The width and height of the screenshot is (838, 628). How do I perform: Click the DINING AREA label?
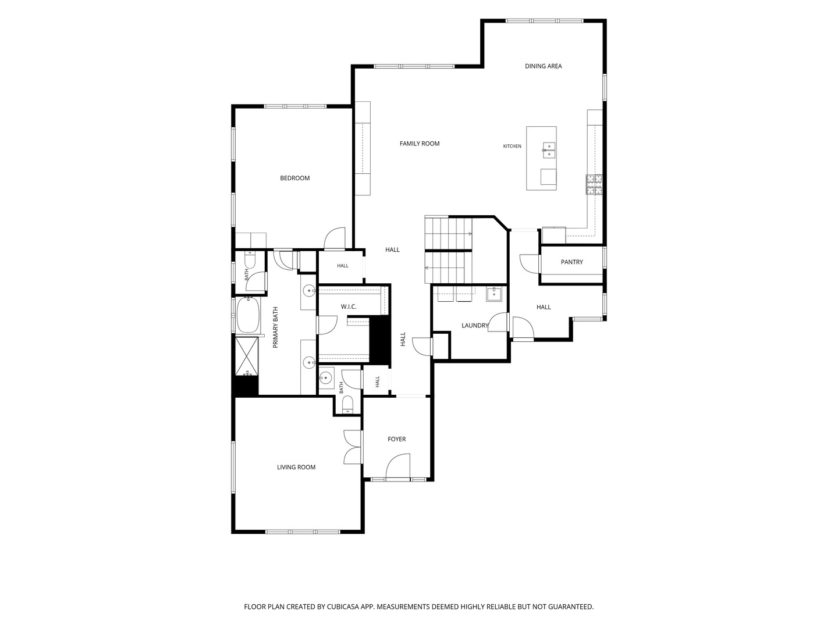coord(543,66)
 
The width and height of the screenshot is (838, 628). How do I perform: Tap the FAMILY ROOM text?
coord(419,144)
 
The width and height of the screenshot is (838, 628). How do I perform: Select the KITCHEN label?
coord(512,146)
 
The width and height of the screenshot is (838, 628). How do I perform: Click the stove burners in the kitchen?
coord(594,184)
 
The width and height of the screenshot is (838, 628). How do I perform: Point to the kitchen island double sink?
coord(549,150)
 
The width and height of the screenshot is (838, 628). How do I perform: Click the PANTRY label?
coord(571,262)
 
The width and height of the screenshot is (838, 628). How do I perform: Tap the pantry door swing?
coord(529,263)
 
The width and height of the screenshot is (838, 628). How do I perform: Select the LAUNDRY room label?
coord(474,325)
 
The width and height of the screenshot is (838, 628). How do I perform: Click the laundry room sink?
coord(493,294)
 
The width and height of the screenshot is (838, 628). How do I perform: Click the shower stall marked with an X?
coord(247,356)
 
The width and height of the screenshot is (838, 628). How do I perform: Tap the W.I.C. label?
coord(348,306)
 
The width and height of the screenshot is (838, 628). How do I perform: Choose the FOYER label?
coord(396,439)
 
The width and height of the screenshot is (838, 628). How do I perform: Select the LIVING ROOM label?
coord(296,467)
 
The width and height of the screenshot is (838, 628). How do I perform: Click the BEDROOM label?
coord(294,178)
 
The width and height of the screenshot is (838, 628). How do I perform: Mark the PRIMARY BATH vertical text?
coord(275,327)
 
